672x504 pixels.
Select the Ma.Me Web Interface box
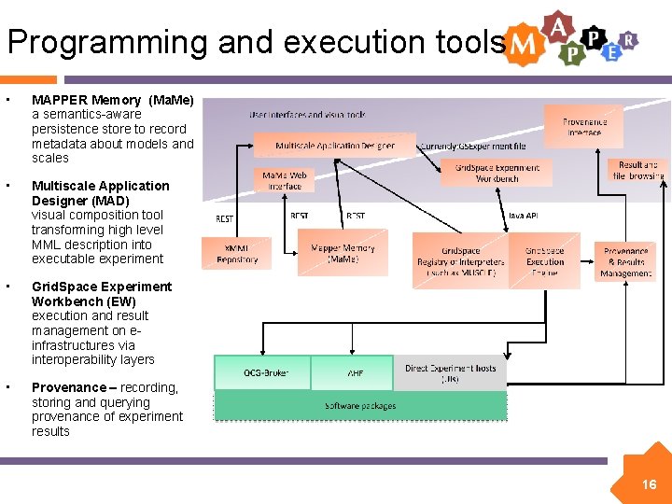pos(285,181)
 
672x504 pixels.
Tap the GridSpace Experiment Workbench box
pos(497,173)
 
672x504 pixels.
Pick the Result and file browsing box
pos(638,170)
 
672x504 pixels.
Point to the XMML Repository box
pos(236,254)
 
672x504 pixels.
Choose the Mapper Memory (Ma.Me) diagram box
pos(343,254)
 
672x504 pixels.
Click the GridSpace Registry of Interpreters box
pos(460,262)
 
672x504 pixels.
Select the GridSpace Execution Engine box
pos(544,261)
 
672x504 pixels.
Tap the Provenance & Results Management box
pos(625,262)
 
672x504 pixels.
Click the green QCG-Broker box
pos(265,372)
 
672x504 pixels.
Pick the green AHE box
pos(356,372)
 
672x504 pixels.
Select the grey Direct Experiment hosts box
pos(450,372)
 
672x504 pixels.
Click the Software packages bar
pos(360,406)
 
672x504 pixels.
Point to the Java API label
pos(522,216)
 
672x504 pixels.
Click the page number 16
pos(649,484)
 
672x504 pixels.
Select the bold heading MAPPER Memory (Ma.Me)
pos(113,100)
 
